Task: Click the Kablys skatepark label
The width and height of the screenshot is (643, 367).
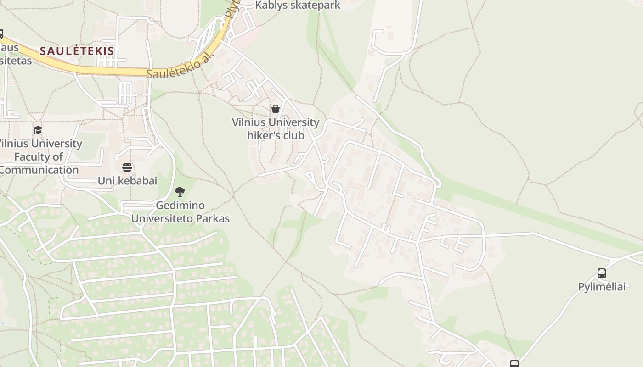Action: pyautogui.click(x=298, y=6)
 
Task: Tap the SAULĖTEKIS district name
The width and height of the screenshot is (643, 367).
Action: pyautogui.click(x=77, y=51)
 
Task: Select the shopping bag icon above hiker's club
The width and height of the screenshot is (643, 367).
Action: pyautogui.click(x=276, y=109)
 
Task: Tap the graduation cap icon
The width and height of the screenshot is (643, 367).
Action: pyautogui.click(x=38, y=130)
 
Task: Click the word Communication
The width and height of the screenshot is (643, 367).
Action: pyautogui.click(x=39, y=170)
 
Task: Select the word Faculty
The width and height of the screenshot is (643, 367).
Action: pyautogui.click(x=32, y=157)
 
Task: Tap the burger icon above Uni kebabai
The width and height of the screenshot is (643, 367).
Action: pyautogui.click(x=127, y=167)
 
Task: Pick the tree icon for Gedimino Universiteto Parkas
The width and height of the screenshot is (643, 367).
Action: pyautogui.click(x=180, y=192)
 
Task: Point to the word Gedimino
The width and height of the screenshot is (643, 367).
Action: pyautogui.click(x=180, y=206)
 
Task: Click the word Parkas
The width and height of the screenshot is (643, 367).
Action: pyautogui.click(x=213, y=219)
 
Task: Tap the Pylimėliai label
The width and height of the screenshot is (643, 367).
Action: pyautogui.click(x=602, y=287)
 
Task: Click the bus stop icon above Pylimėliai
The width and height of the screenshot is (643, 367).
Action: pyautogui.click(x=602, y=273)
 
